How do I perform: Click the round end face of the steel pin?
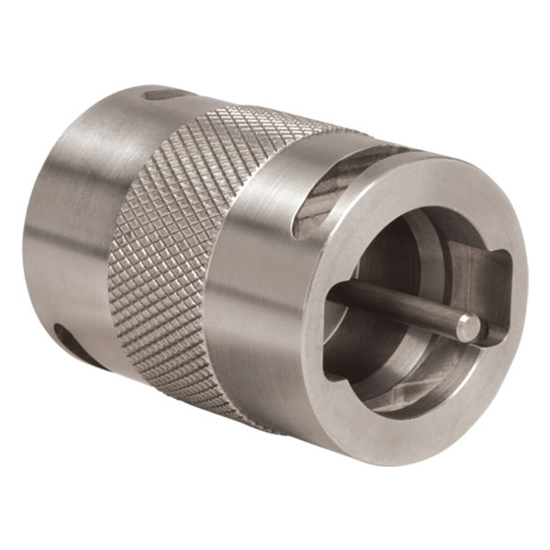468,327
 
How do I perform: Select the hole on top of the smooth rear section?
163,95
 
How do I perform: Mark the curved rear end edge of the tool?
30,226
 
